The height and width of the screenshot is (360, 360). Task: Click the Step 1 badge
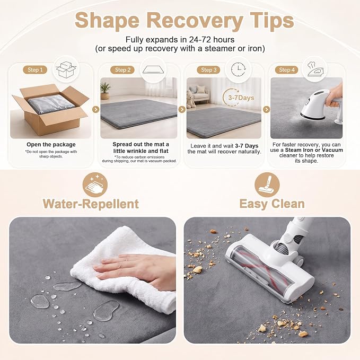click(35, 70)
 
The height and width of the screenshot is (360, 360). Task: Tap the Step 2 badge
click(122, 70)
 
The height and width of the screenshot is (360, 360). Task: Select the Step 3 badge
click(208, 70)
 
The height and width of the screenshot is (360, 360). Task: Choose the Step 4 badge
click(286, 70)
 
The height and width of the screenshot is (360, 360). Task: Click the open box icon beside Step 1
click(66, 69)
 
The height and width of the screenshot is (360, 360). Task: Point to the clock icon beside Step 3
click(238, 69)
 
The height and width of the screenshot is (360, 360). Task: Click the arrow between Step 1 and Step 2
click(96, 110)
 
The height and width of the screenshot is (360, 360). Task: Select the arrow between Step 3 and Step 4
click(266, 110)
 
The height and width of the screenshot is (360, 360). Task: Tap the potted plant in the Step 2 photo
click(105, 91)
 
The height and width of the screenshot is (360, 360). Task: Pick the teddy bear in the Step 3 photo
click(191, 99)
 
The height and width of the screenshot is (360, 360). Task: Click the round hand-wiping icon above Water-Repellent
click(95, 185)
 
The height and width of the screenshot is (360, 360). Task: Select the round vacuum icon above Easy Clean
click(267, 185)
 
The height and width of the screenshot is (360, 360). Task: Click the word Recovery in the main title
click(195, 21)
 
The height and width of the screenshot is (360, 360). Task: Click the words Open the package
click(51, 144)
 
